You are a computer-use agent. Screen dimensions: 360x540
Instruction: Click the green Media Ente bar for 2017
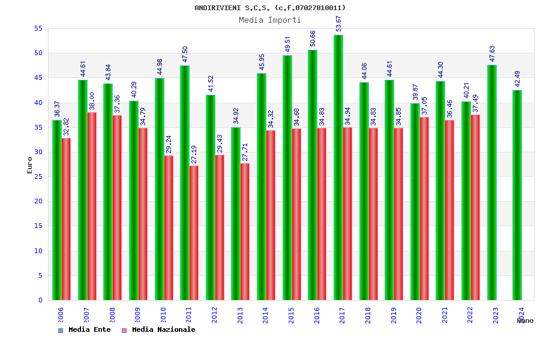(338, 168)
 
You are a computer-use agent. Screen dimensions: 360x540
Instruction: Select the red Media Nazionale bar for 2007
(92, 206)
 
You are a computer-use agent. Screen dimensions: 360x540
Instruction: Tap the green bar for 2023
(492, 182)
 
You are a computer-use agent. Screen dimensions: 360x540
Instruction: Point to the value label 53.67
(339, 24)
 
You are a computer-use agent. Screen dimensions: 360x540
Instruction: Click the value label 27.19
(194, 154)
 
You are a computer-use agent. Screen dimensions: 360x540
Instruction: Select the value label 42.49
(518, 79)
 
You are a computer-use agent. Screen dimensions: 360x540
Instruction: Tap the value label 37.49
(476, 104)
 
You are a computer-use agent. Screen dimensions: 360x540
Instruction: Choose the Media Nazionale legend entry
(159, 330)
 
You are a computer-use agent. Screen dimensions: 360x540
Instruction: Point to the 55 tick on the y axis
(38, 28)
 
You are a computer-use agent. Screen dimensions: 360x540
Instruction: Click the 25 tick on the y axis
(38, 176)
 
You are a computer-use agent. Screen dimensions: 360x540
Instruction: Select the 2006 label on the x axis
(61, 316)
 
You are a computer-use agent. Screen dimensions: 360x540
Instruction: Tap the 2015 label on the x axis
(291, 316)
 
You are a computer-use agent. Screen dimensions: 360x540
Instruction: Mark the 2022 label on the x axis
(470, 316)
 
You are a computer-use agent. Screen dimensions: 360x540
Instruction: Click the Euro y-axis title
(30, 165)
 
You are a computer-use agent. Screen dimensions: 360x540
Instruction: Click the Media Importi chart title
(270, 20)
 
